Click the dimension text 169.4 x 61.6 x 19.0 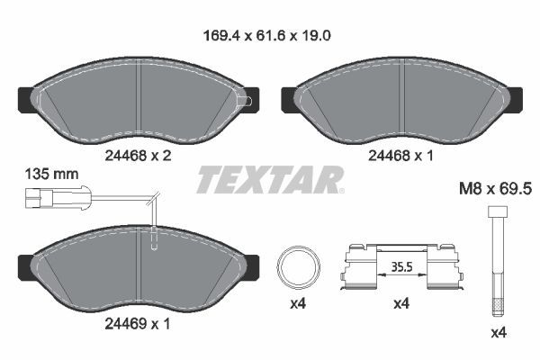coord(270,37)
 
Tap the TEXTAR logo coord(270,180)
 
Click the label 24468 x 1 coord(401,154)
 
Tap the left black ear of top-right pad coord(290,96)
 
